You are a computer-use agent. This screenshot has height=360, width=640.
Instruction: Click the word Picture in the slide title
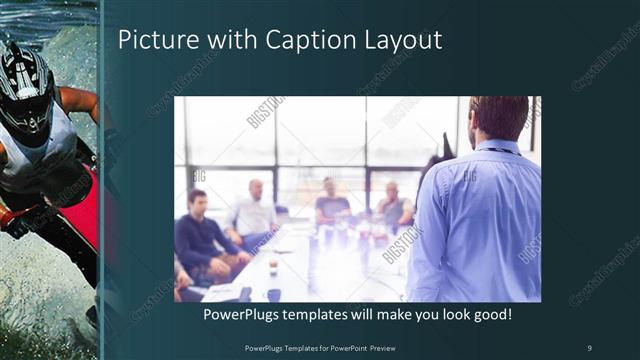[x=153, y=41]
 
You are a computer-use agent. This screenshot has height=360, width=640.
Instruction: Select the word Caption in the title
[x=301, y=41]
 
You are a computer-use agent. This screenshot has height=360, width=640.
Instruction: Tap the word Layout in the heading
[x=395, y=41]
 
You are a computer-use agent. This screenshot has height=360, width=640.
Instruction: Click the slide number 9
[x=589, y=347]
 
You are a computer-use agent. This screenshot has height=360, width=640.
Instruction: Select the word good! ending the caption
[x=490, y=315]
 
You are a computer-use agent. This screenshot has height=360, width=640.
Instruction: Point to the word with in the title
[x=227, y=41]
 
